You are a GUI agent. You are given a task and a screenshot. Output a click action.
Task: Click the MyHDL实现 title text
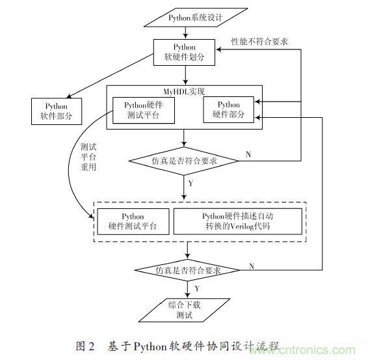click(185, 90)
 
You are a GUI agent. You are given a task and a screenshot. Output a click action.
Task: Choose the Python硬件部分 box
click(228, 109)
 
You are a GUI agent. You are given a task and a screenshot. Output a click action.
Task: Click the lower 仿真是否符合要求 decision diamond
click(187, 270)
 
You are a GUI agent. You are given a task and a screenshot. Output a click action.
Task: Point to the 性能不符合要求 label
click(260, 41)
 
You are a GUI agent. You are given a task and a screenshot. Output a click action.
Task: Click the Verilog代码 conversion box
click(238, 222)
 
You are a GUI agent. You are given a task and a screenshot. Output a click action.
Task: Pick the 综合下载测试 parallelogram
click(188, 311)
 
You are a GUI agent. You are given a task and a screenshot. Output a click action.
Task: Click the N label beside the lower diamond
click(252, 265)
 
